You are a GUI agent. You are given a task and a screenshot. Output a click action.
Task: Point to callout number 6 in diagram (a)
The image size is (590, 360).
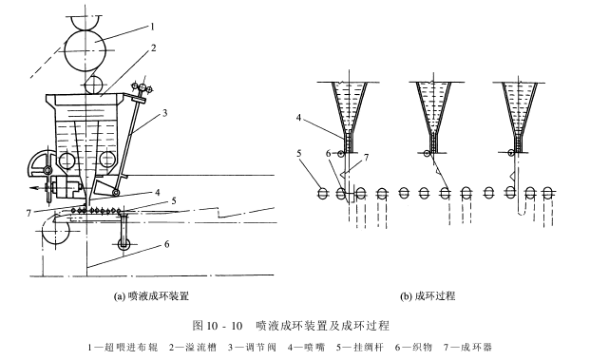point(167,245)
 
